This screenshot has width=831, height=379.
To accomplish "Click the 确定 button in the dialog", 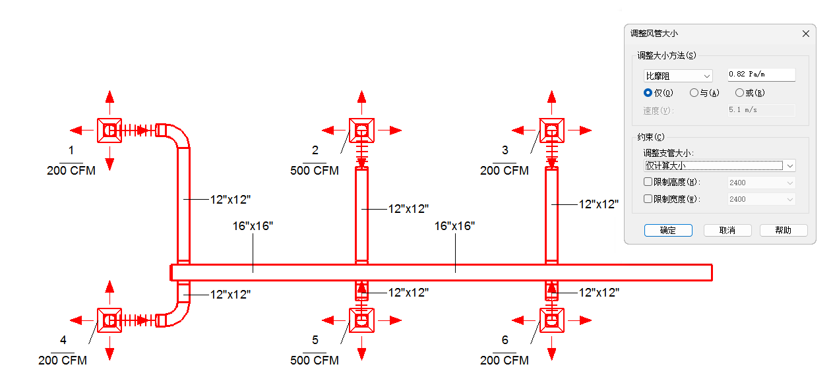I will pos(667,230).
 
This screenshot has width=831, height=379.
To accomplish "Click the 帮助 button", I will pos(784,230).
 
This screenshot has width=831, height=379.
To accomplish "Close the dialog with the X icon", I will pos(805,33).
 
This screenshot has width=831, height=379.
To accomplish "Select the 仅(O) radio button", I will pos(648,93).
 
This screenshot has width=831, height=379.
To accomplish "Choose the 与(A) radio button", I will pos(694,93).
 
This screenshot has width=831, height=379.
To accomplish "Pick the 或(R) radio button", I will pos(739,93).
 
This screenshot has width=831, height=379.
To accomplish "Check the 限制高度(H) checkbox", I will pos(648,182).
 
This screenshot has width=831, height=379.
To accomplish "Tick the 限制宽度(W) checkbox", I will pos(648,199).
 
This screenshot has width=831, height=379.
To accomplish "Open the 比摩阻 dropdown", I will pos(678,76).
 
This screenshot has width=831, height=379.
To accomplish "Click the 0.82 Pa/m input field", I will pos(761,74).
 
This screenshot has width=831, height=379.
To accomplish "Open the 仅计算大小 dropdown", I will pos(720,165).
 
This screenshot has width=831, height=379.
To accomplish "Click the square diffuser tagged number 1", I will pos(109,131).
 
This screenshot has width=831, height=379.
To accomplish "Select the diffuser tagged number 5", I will pos(361,320).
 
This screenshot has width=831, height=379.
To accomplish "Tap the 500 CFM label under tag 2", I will pos(315,171).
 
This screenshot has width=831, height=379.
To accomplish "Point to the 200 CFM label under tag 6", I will pos(505,361).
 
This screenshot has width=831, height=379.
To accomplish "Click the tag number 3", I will pos(505,150).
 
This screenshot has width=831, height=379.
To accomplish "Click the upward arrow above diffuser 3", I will pos(551,100).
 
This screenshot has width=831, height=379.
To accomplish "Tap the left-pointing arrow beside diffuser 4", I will pos(78,320).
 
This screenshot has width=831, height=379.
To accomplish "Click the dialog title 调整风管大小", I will pos(654,33).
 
